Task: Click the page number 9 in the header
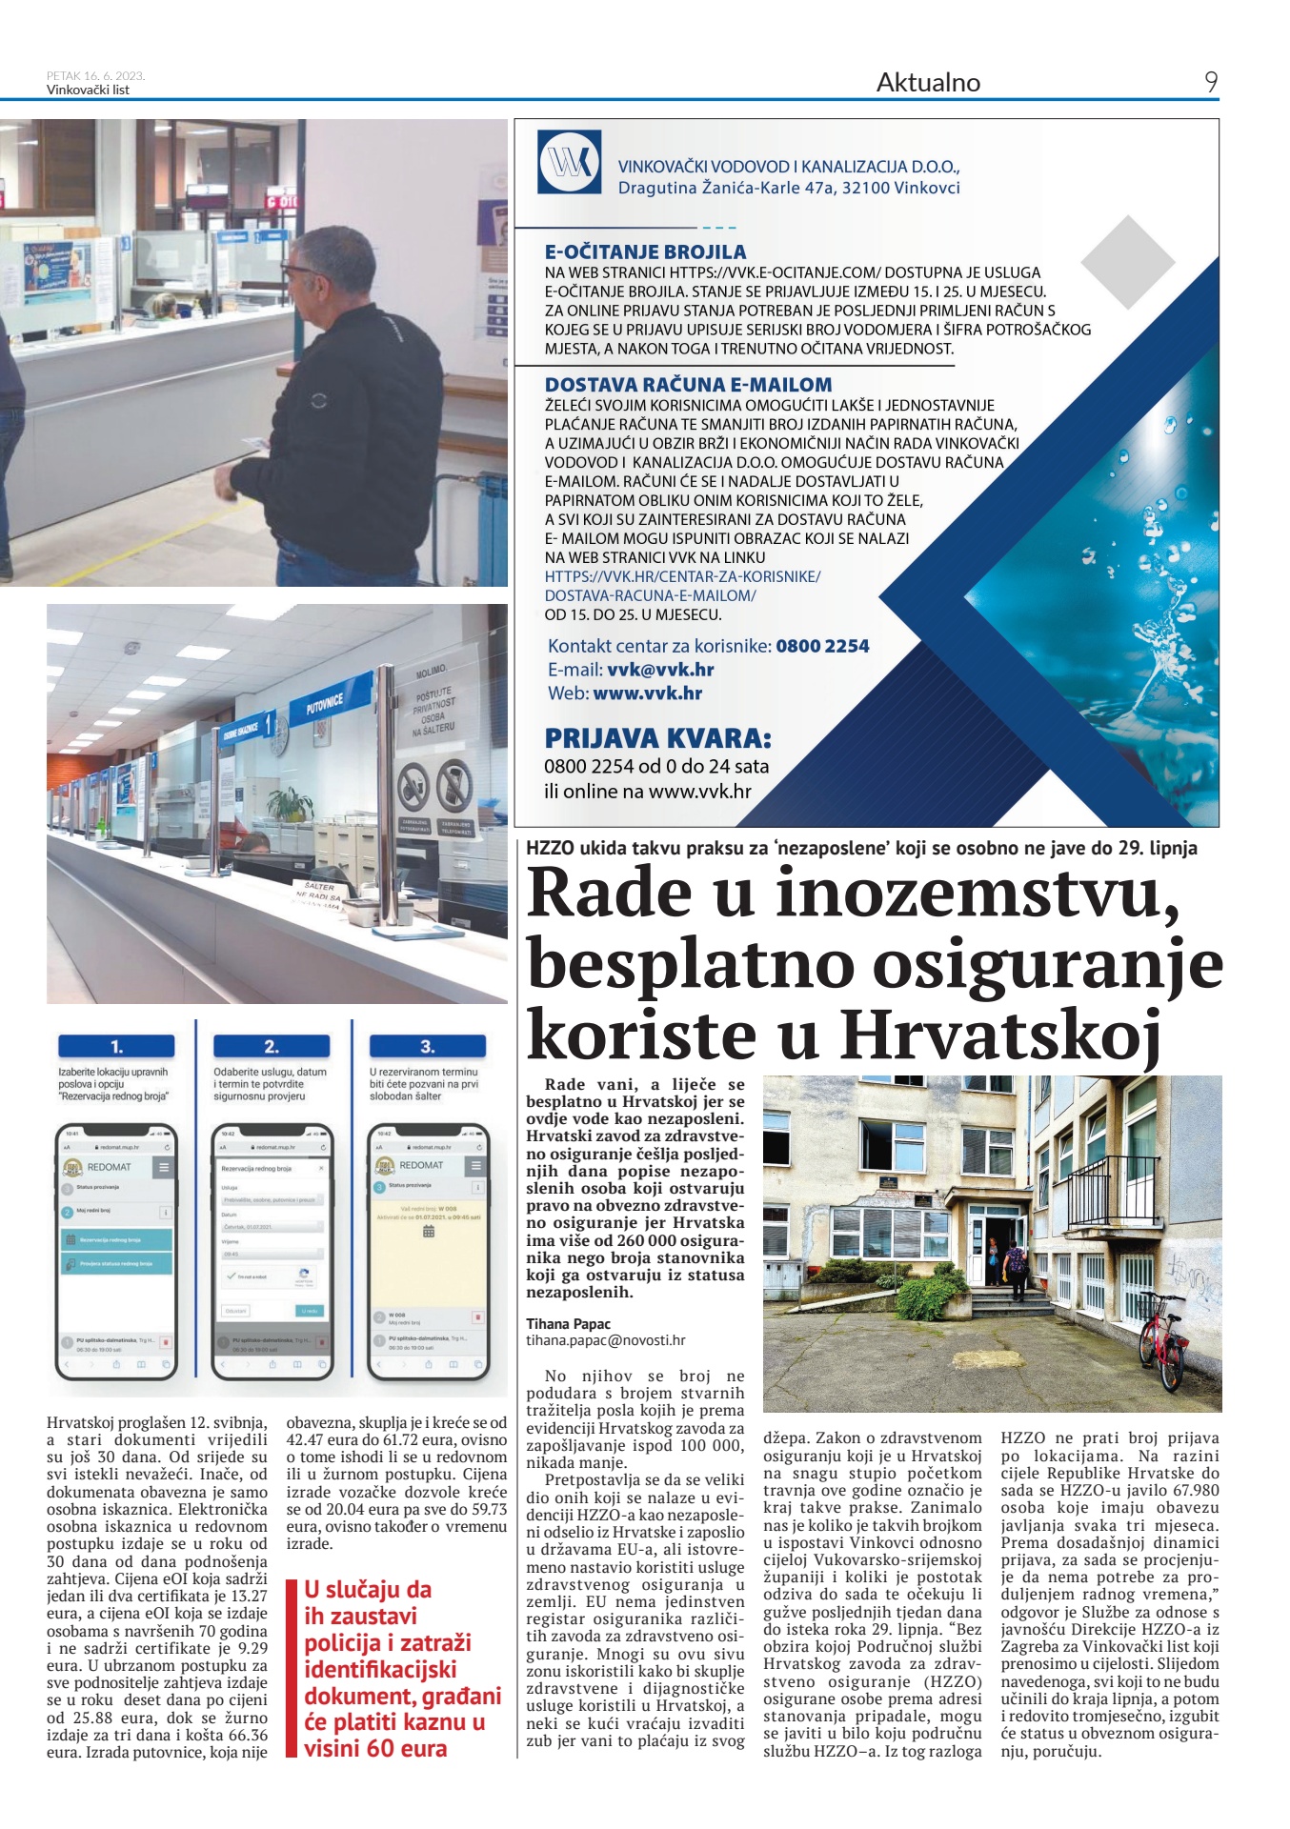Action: (x=1210, y=82)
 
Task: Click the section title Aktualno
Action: (x=928, y=83)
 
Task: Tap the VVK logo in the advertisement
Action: (x=569, y=163)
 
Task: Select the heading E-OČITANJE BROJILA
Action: (x=645, y=252)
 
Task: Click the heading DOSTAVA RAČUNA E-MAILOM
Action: (x=688, y=385)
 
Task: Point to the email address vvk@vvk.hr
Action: (x=660, y=670)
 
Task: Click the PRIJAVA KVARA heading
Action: (x=657, y=738)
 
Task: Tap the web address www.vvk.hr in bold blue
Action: (x=648, y=693)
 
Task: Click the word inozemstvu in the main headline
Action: (x=972, y=893)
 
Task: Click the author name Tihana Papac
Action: (x=569, y=1323)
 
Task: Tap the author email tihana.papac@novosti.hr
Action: (x=606, y=1339)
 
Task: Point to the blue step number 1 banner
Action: (x=116, y=1046)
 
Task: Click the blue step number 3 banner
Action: (x=427, y=1046)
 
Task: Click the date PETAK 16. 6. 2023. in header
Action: (x=95, y=75)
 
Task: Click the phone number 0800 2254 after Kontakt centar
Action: (x=822, y=646)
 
